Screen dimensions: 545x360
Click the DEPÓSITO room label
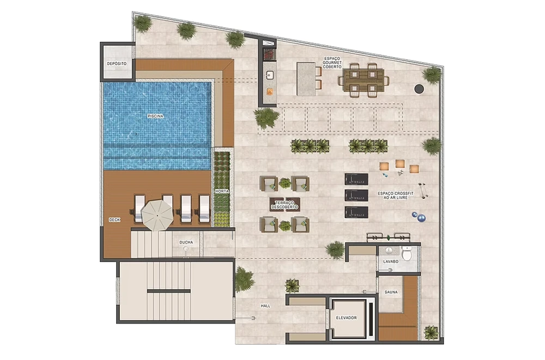117,64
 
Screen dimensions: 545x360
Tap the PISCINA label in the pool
155,116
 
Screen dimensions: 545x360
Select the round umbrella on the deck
157,215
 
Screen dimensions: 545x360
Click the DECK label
114,219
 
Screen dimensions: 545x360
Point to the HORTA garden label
222,191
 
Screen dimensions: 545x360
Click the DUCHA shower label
186,242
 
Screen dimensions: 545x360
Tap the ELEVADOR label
346,318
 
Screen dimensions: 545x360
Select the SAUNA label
391,292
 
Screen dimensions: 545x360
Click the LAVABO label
391,261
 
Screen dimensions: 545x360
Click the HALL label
265,306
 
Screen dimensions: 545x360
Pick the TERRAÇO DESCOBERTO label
284,205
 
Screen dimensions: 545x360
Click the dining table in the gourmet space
364,80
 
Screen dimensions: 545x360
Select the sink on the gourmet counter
270,75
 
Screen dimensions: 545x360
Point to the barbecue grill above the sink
269,54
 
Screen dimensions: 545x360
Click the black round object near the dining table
419,89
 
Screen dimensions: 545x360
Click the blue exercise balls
419,217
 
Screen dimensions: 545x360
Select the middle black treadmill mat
356,196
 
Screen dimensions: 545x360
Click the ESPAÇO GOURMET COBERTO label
332,63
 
